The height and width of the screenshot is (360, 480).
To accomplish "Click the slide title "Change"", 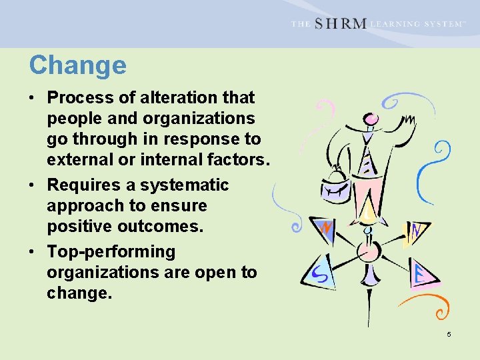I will pos(77,65).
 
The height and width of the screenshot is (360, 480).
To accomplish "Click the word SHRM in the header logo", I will pos(339,23).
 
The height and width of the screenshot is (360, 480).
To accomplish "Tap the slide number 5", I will pos(449,334).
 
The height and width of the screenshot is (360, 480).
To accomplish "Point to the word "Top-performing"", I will pos(111,252).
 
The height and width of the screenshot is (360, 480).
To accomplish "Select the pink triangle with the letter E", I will pos(421,274).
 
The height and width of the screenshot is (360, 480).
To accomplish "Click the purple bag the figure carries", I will pos(335,187).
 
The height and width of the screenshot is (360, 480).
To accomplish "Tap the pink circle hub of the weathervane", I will pos(368,252).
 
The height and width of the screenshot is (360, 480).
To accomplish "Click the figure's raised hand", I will pos(407,123).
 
